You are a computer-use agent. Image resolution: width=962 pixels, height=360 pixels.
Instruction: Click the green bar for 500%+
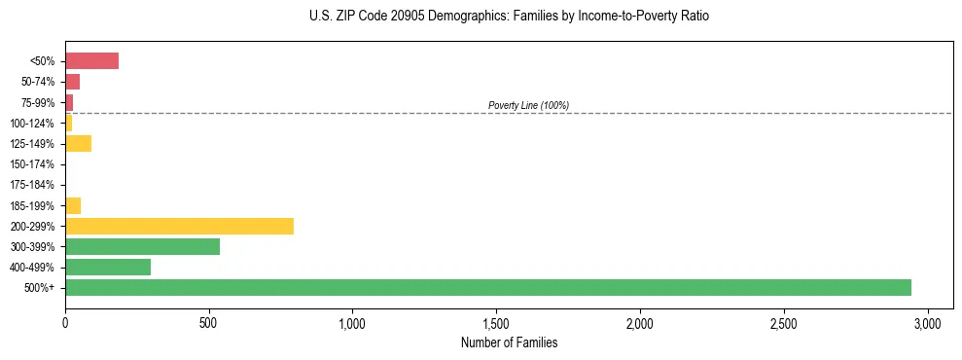pos(487,287)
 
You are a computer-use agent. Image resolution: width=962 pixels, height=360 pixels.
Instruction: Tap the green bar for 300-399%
pos(142,246)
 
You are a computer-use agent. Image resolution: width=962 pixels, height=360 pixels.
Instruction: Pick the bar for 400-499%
pos(108,267)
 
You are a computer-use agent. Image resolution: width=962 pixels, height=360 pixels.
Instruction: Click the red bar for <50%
pos(91,61)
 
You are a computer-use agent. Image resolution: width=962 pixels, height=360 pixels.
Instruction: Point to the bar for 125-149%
pos(78,144)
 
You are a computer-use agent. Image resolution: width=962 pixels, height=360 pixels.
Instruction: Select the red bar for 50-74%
pos(72,82)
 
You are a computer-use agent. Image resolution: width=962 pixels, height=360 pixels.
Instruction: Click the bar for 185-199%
pos(73,205)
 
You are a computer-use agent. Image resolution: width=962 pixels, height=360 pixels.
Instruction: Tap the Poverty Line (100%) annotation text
pos(528,105)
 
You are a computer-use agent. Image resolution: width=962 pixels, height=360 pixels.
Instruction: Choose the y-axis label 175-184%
pos(31,185)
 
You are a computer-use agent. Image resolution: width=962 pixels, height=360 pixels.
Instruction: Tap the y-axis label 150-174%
pos(31,164)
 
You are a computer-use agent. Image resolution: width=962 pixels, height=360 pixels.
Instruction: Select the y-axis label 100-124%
pos(31,124)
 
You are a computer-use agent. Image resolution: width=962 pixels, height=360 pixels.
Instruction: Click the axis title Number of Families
pos(509,342)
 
